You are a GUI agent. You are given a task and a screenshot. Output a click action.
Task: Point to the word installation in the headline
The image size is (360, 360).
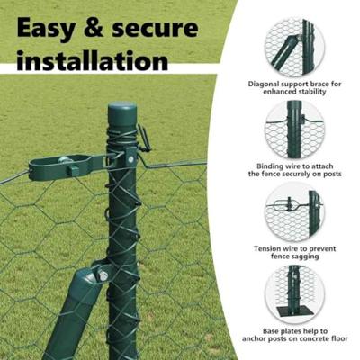(93, 61)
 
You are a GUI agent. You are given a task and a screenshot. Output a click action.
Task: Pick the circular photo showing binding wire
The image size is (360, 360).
(294, 130)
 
